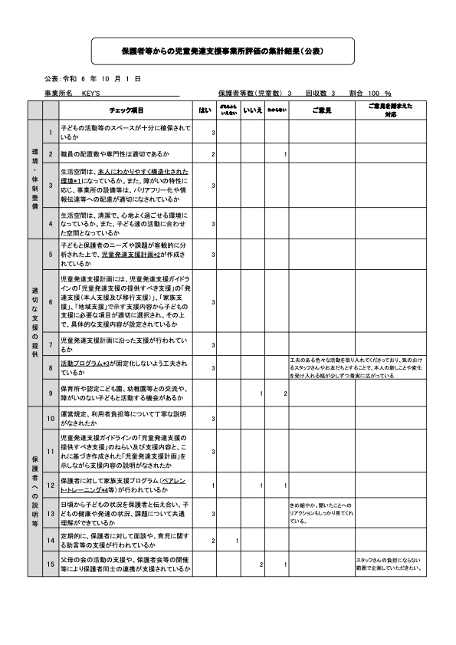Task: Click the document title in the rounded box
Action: pos(222,51)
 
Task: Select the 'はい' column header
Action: pos(205,110)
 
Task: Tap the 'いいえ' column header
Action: pos(252,110)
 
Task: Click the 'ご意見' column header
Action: pos(321,110)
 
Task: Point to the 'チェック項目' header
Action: pos(126,110)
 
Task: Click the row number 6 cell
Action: pos(51,301)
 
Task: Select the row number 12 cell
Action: pos(51,485)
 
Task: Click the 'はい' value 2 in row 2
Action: pos(212,155)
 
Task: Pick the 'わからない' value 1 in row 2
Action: pos(284,155)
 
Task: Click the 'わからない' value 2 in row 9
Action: pos(284,393)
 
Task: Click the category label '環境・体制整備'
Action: pos(34,176)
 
